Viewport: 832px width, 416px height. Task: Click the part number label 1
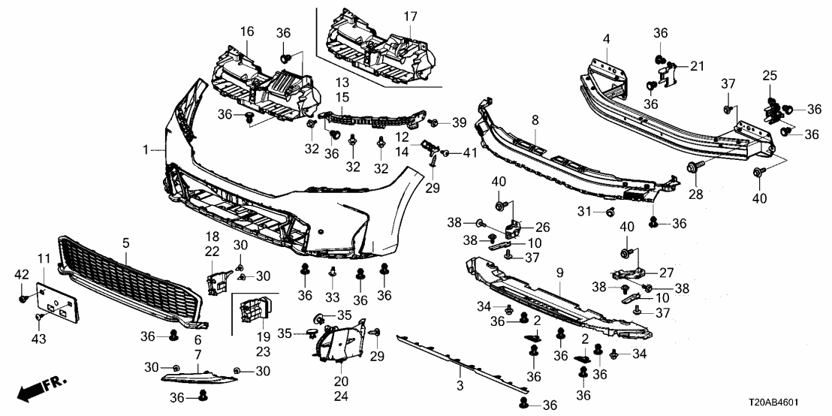(x=146, y=151)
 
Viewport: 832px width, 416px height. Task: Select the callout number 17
(x=410, y=16)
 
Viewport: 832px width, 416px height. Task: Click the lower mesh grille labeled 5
(x=128, y=285)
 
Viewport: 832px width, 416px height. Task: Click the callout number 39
(x=460, y=122)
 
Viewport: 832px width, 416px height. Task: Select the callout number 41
(x=469, y=153)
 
